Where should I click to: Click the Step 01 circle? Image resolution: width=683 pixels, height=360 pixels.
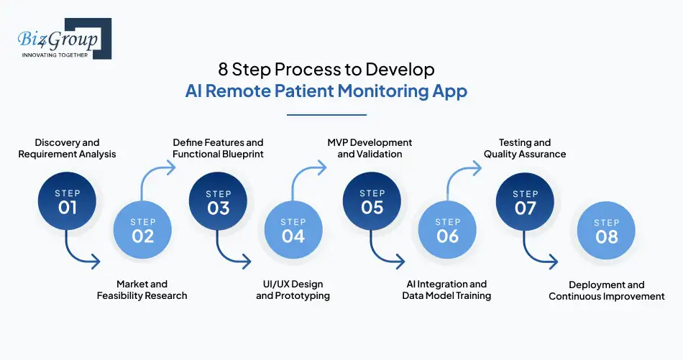pos(67,202)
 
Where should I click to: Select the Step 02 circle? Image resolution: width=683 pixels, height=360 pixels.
pos(143,230)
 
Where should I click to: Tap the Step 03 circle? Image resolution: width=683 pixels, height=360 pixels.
pos(219,202)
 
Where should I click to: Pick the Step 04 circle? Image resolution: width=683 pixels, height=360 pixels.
pos(293,230)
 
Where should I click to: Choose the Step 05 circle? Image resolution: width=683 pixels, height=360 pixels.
pos(372,202)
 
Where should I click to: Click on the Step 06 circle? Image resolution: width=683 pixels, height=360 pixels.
pos(448,230)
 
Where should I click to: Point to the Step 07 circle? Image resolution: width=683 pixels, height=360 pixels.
pos(526,202)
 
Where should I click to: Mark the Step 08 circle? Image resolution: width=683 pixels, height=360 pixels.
pos(607,230)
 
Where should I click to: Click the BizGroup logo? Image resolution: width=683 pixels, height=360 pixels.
pos(63,39)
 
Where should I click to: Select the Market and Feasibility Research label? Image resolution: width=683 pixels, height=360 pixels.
pos(142,290)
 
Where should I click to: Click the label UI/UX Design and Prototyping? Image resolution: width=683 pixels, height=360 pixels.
pos(293,290)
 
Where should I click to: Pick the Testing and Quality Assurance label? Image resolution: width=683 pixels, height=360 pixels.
pos(525,148)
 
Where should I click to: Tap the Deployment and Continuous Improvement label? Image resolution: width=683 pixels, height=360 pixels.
pos(607,290)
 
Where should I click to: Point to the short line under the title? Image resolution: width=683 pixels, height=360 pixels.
pos(326,114)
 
